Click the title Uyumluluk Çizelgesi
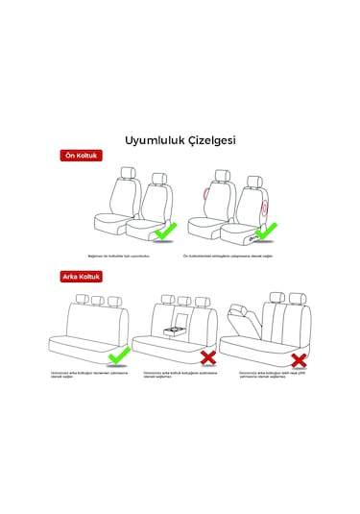[180, 139]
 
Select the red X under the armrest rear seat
[205, 358]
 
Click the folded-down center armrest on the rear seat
[176, 331]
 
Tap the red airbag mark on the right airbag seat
[265, 203]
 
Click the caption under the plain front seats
[119, 257]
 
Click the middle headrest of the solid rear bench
[96, 300]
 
